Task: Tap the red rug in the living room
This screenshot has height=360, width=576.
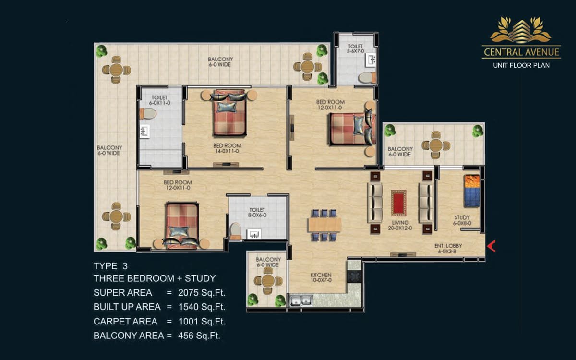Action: (398, 203)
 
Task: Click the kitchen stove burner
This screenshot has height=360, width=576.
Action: (354, 276)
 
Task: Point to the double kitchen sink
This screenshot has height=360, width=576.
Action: (301, 300)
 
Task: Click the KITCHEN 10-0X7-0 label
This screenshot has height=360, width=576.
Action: (321, 277)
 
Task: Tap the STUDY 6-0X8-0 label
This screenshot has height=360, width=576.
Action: (462, 220)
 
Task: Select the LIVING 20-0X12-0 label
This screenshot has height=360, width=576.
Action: (400, 225)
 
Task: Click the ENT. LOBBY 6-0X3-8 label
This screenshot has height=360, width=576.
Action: (448, 249)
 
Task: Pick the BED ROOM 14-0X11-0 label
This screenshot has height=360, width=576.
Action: (228, 148)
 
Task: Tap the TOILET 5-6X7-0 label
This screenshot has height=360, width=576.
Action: (355, 48)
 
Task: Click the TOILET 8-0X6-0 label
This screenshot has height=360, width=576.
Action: (257, 212)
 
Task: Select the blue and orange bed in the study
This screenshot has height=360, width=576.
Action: (472, 191)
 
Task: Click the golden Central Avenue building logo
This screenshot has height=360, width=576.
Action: (521, 30)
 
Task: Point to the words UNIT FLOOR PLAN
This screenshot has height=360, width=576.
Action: (521, 65)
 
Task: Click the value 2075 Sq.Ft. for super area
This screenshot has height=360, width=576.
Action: (202, 293)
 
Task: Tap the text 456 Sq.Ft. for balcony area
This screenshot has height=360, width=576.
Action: (199, 336)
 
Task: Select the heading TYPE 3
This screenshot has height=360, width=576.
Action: (110, 266)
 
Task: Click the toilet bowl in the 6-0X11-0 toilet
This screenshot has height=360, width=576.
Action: (148, 114)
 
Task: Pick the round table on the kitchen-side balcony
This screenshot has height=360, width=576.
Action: (268, 281)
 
